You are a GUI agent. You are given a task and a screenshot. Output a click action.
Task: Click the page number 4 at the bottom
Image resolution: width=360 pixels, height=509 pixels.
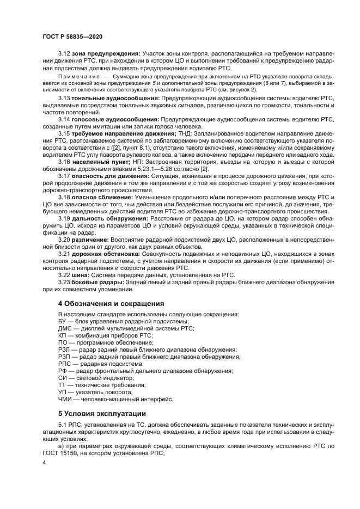pyautogui.click(x=45, y=463)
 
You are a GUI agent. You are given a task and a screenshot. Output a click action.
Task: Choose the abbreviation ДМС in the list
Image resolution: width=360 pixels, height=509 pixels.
pyautogui.click(x=65, y=329)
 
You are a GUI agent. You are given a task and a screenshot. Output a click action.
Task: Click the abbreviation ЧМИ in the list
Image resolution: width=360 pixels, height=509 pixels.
pyautogui.click(x=65, y=400)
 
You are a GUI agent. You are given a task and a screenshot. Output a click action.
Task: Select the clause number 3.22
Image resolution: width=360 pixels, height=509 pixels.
pyautogui.click(x=64, y=275)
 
